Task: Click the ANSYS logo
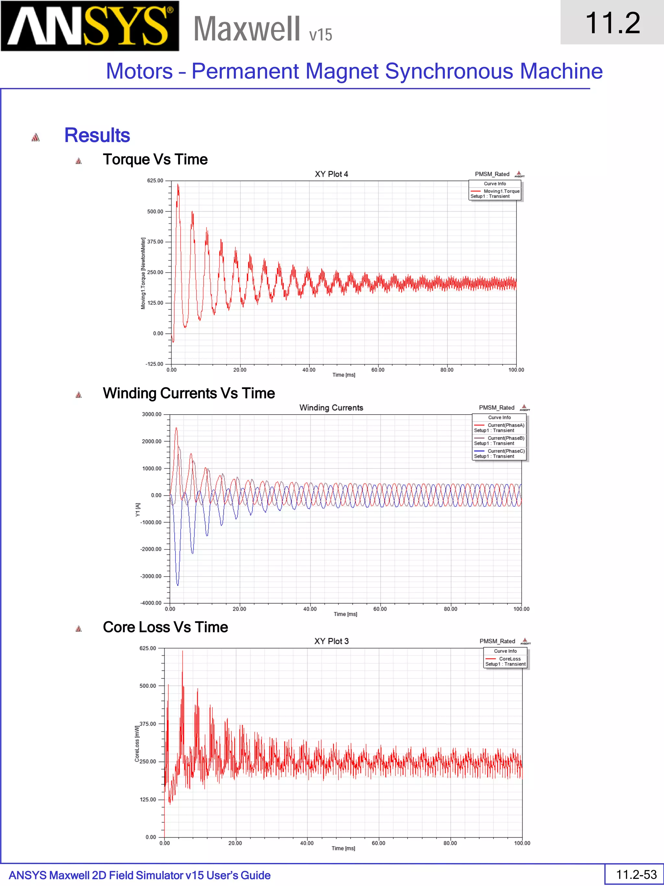pos(90,26)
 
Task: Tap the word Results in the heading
pos(97,135)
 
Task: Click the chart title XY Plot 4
pos(331,174)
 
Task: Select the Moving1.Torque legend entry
pos(501,191)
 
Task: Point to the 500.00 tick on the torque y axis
pos(155,212)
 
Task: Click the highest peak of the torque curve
pos(178,185)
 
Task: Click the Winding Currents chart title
pos(331,408)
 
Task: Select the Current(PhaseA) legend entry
pos(505,425)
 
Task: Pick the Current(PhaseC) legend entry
pos(505,451)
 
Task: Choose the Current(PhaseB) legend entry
pos(505,438)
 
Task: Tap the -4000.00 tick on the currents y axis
pos(151,603)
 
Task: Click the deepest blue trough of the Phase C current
pos(178,585)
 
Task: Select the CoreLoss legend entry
pos(509,659)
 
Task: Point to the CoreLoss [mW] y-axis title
pos(137,744)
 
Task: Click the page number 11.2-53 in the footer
pos(636,874)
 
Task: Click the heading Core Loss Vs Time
pos(165,627)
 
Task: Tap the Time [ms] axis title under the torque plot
pos(343,375)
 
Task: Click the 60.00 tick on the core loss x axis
pos(378,843)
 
